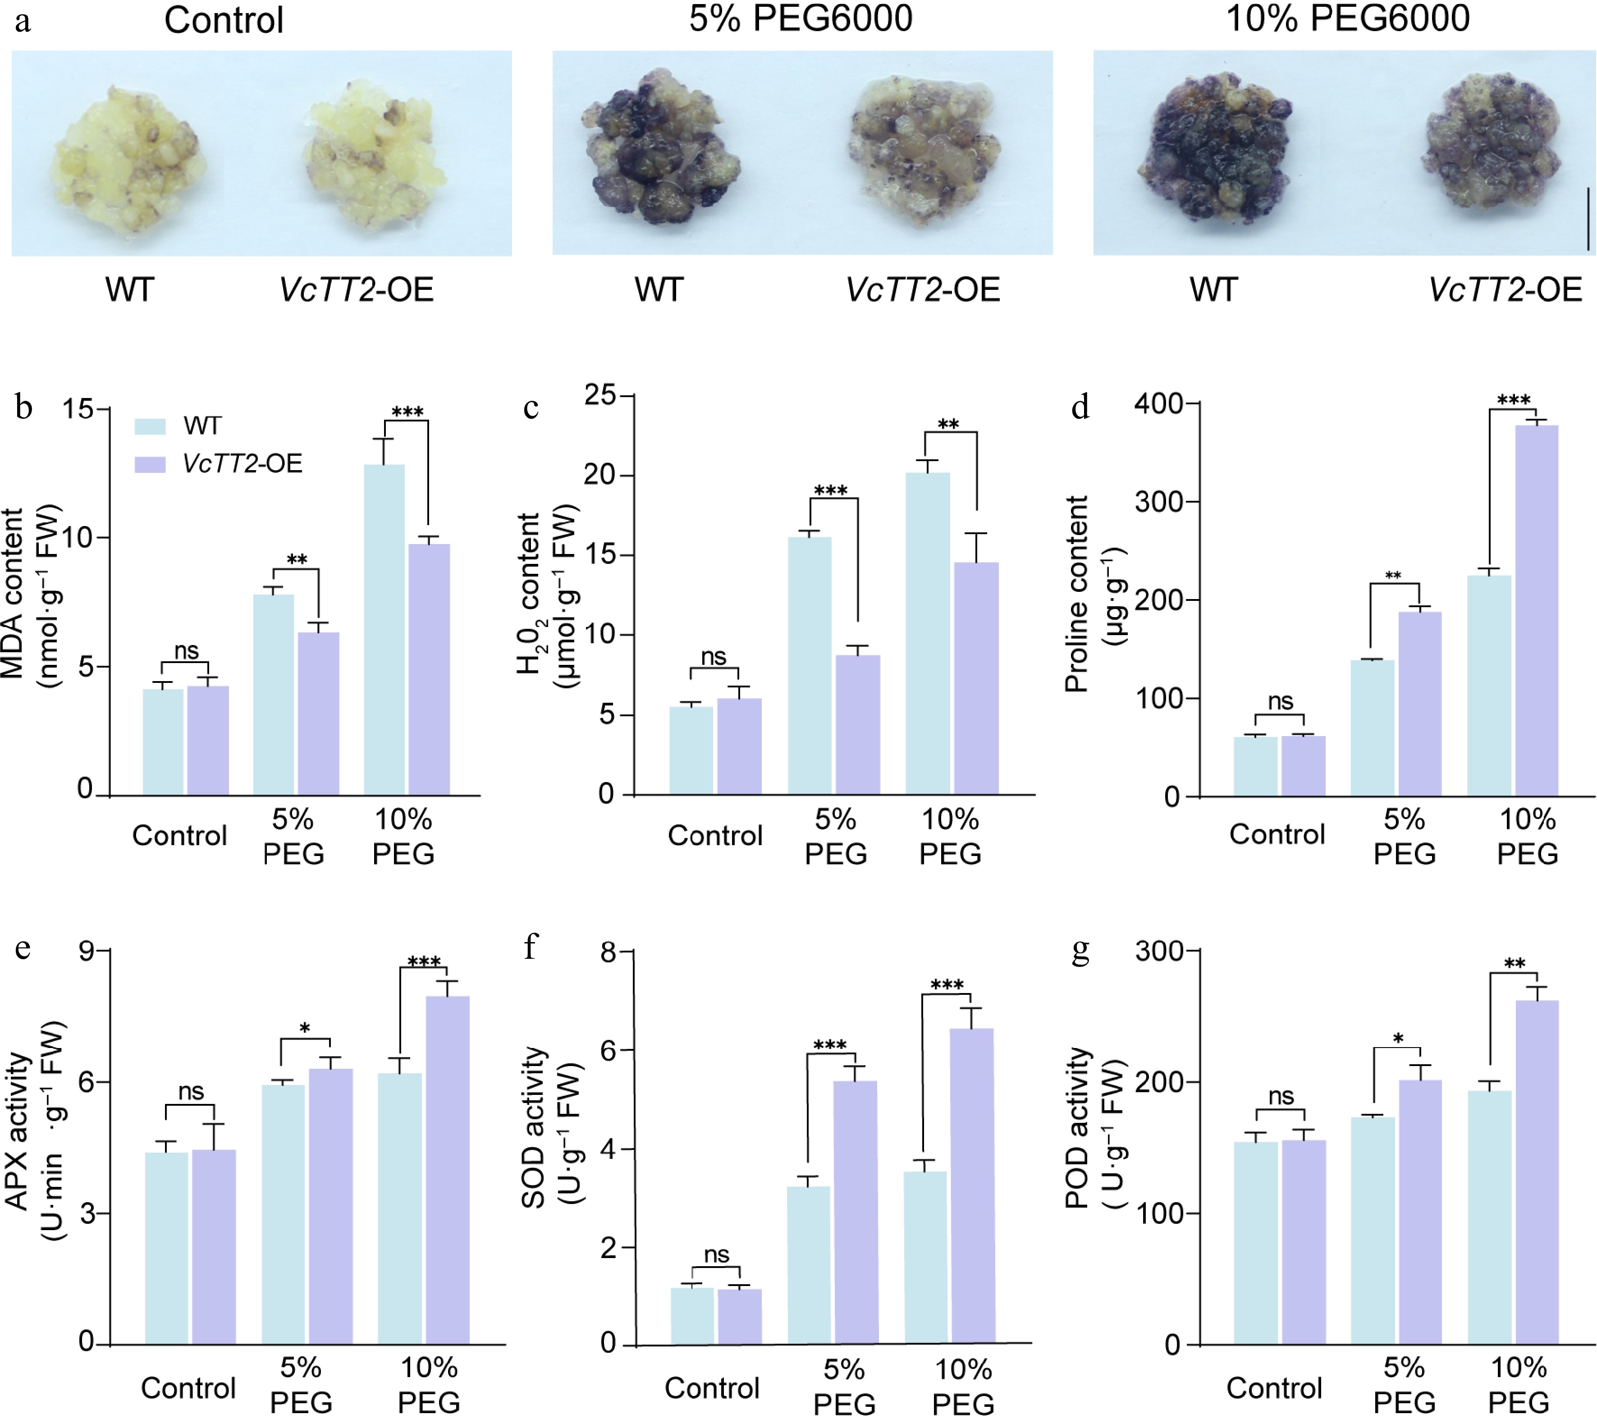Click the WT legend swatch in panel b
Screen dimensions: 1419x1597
point(150,426)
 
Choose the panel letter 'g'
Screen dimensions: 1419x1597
point(1080,948)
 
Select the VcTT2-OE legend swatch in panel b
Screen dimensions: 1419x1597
point(150,464)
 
